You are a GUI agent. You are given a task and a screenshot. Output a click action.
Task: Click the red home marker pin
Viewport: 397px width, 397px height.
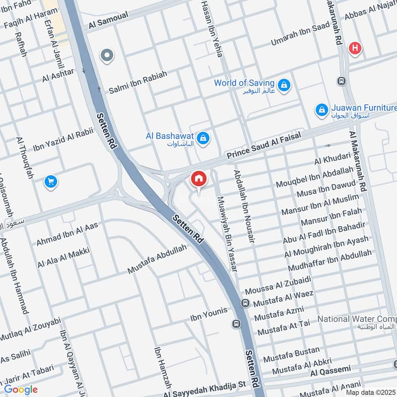pyautogui.click(x=198, y=178)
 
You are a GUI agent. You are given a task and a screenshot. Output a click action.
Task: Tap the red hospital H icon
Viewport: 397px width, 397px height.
pyautogui.click(x=355, y=48)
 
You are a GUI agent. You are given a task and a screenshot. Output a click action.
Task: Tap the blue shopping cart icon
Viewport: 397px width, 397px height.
pyautogui.click(x=50, y=182)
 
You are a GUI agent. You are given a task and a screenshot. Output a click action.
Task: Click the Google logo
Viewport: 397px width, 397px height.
pyautogui.click(x=21, y=390)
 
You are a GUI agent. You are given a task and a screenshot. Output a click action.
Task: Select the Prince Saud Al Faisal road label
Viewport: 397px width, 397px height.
pyautogui.click(x=264, y=148)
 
